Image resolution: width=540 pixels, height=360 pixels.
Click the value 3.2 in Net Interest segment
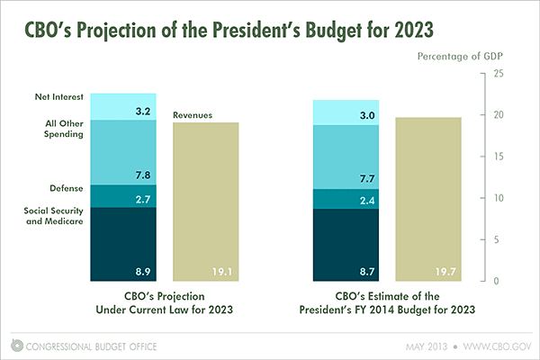coord(142,112)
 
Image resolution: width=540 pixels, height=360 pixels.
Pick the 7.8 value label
coord(142,175)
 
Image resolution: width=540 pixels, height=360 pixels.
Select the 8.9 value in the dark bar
coord(142,270)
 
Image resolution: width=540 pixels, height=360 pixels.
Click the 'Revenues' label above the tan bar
coord(193,114)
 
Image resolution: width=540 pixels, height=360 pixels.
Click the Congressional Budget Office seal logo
coord(17,345)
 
